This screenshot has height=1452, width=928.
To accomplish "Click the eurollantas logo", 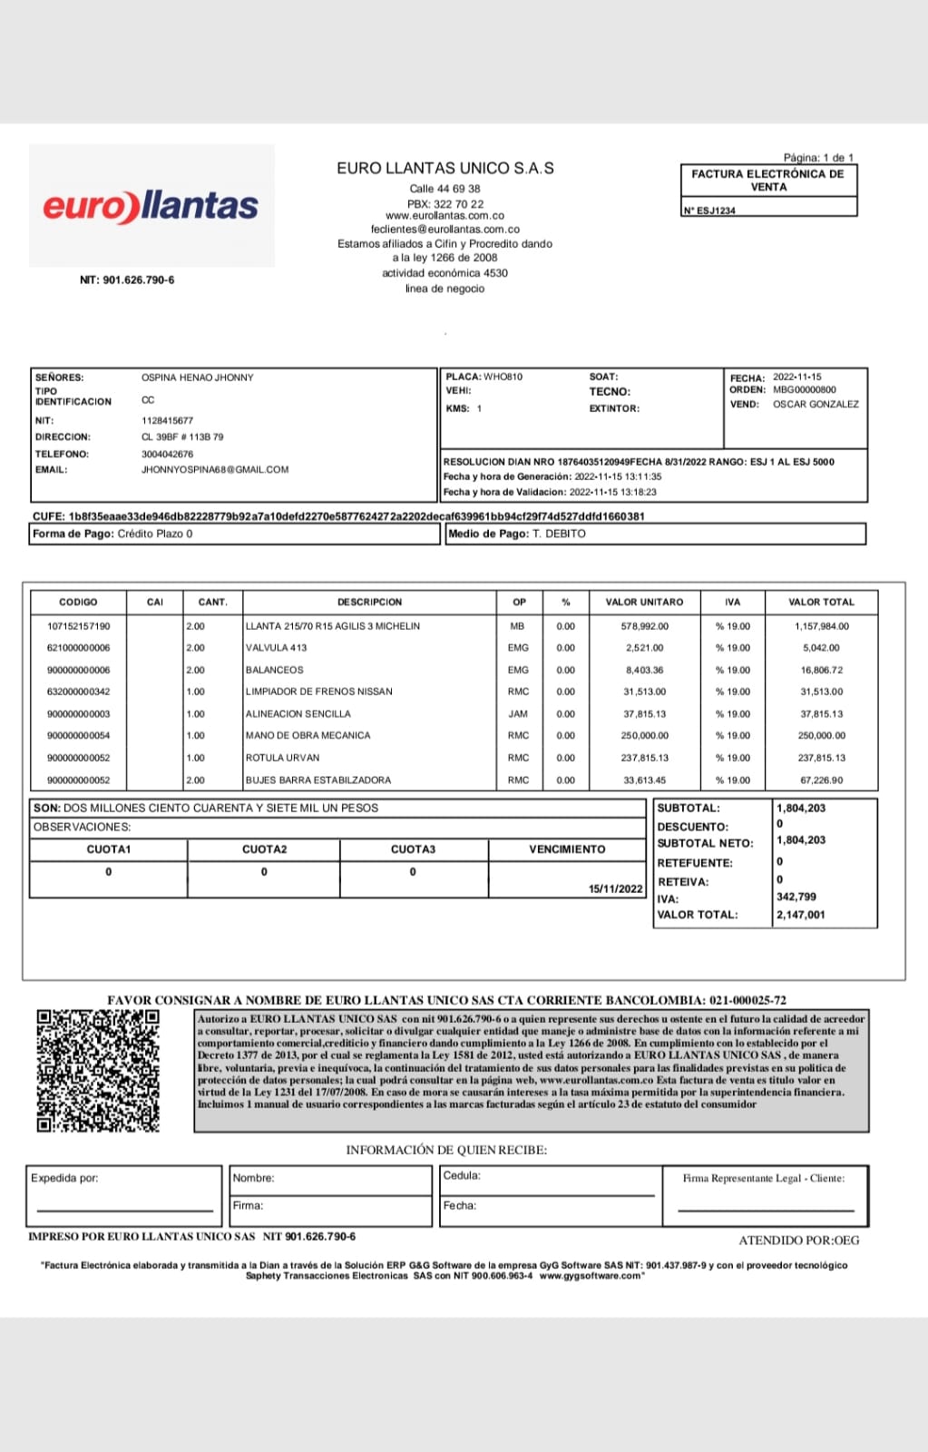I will pos(151,206).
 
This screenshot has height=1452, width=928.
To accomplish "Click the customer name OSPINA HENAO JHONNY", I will pos(197,378).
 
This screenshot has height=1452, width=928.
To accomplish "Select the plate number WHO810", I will pos(503,377).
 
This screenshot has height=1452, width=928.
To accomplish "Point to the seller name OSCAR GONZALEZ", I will pos(815,404).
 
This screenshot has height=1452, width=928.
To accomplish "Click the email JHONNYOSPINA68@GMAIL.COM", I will pos(214,470).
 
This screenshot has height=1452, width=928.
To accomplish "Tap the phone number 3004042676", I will pos(167,454).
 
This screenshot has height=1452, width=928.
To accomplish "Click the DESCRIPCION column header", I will pos(369,602).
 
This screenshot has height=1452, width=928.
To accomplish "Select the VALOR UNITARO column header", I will pos(644,602).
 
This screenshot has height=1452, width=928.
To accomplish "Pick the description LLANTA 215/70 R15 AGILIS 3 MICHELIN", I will pos(333,626).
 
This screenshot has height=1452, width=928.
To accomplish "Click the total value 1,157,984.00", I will pos(821,626).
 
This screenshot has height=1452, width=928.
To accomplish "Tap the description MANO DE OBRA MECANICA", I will pos(308,735).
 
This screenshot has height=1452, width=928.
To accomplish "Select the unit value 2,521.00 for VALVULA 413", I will pos(644,648).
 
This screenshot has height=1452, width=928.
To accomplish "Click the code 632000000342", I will pos(78,692).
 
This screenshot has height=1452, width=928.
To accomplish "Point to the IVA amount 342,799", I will pos(796,897).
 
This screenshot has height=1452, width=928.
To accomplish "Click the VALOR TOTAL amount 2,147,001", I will pos(800,915).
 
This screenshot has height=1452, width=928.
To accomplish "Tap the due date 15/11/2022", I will pos(615,888).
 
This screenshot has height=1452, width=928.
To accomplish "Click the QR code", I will pos(98,1070).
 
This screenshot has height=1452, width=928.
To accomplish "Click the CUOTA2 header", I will pos(264,849).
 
